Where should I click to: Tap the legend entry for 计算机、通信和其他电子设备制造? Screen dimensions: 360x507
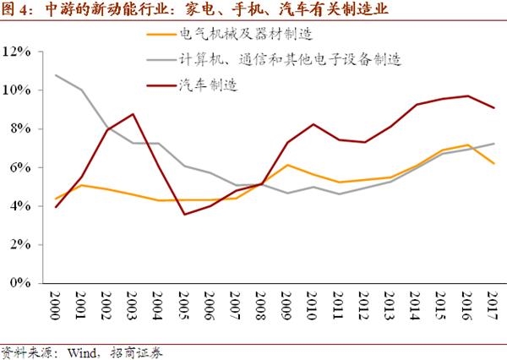tap(288, 60)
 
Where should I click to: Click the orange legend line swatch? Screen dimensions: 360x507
tap(159, 35)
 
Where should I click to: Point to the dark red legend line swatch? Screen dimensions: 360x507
tap(159, 85)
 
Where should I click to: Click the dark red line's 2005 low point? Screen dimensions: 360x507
tap(184, 214)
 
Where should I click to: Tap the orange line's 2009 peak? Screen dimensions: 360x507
tap(288, 165)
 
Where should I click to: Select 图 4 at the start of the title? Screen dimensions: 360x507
tap(18, 10)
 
